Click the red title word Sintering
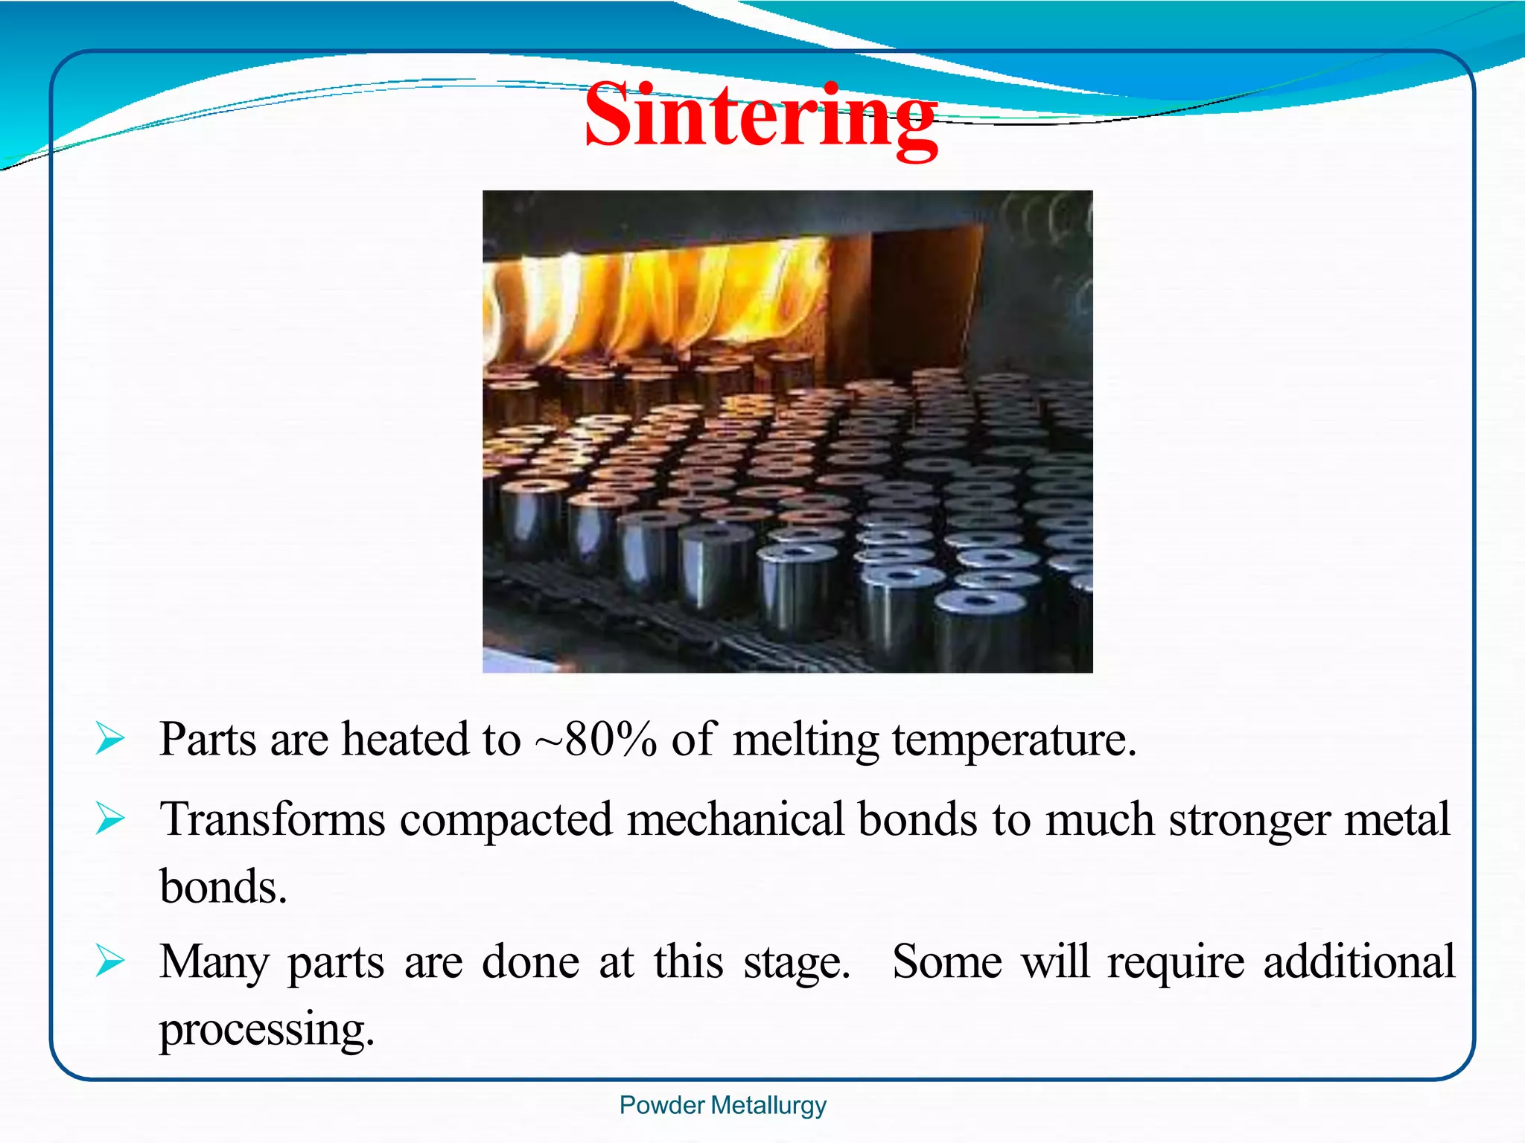(760, 118)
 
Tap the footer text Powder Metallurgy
(722, 1105)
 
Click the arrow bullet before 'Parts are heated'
(110, 740)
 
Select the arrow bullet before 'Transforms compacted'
(110, 819)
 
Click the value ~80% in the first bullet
(596, 740)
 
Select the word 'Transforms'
(273, 819)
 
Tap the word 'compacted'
(506, 821)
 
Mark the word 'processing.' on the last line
(267, 1031)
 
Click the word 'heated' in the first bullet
(405, 740)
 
